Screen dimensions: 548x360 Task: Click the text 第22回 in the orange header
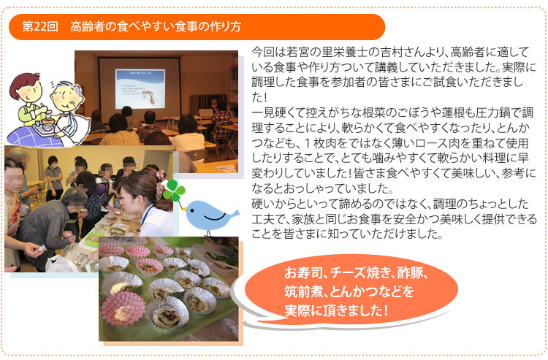pos(40,27)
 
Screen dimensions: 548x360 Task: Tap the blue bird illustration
pos(210,216)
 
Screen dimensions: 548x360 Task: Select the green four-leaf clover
pos(174,191)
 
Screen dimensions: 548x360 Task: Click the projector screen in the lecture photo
pos(140,83)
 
